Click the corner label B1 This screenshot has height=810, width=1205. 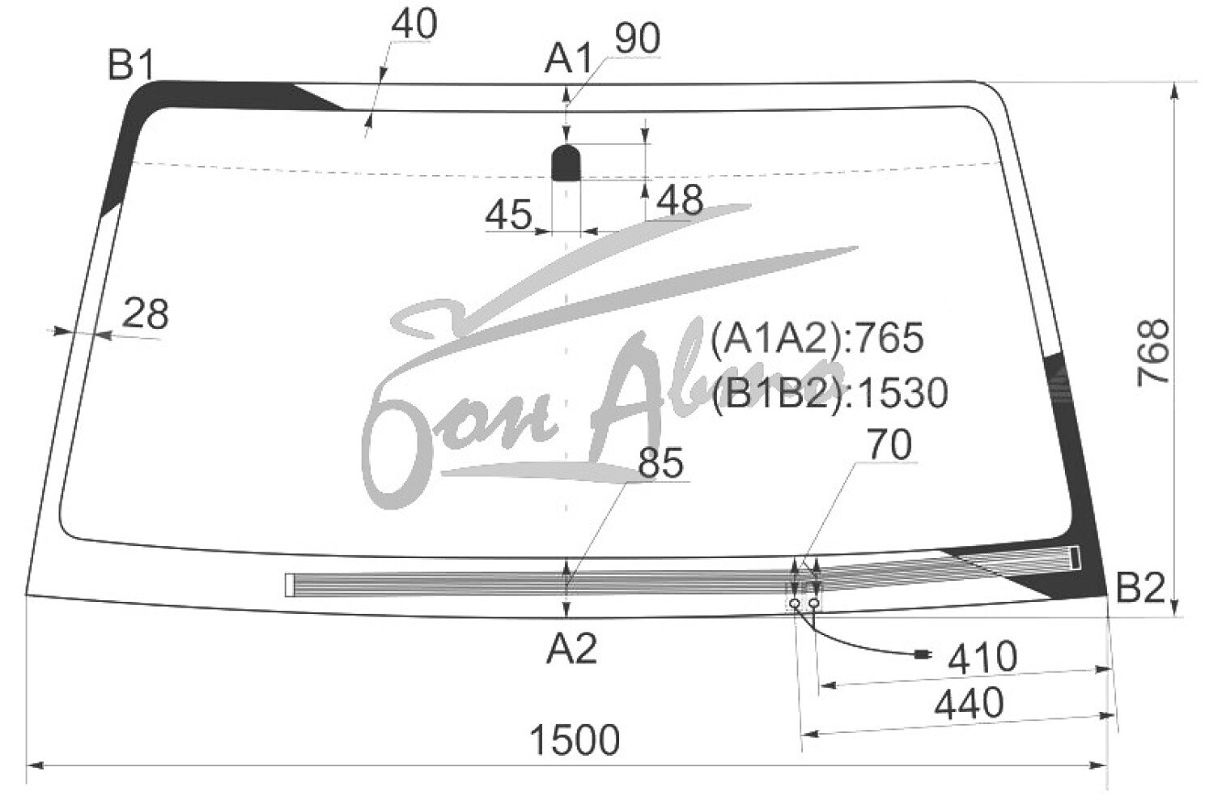point(131,65)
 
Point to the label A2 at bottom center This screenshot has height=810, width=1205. point(571,649)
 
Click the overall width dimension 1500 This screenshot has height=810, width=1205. point(575,740)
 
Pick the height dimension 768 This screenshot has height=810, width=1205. point(1153,353)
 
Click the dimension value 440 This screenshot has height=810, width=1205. point(969,704)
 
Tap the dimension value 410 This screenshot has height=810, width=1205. point(982,658)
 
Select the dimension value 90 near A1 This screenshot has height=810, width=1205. point(638,39)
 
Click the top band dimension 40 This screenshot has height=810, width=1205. point(414,24)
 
